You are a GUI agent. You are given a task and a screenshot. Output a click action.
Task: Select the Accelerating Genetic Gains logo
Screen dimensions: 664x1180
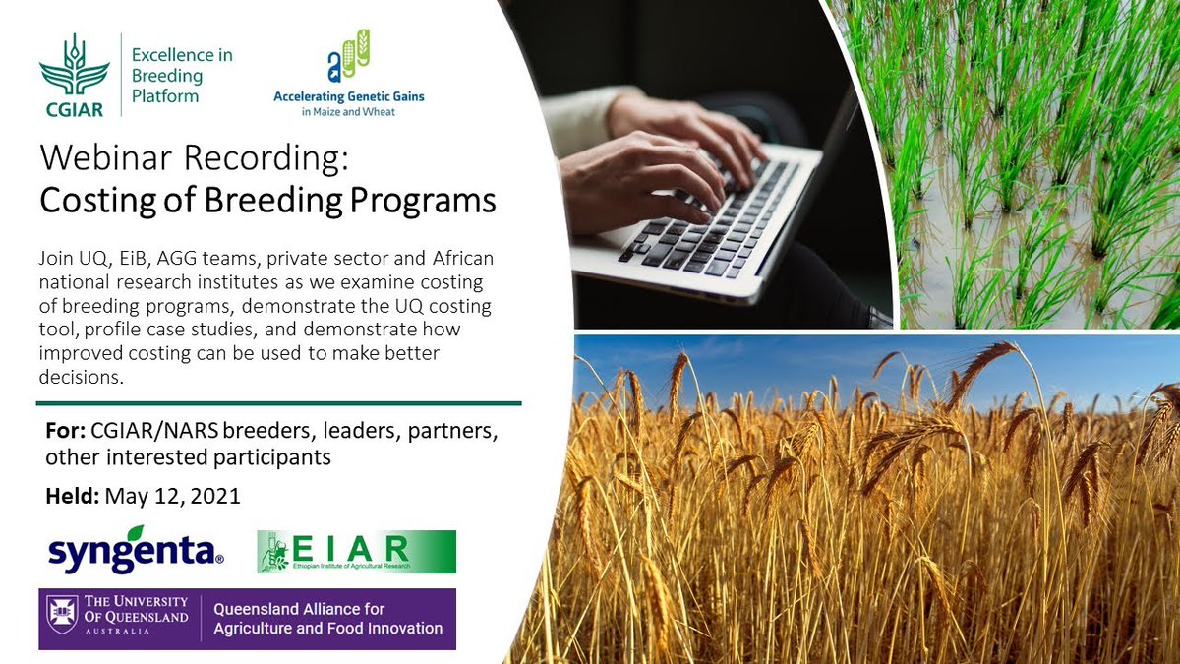pyautogui.click(x=348, y=74)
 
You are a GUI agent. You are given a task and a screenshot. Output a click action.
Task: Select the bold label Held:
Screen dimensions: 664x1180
pyautogui.click(x=70, y=496)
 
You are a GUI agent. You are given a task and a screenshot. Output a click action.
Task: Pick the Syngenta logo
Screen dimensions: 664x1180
pyautogui.click(x=136, y=554)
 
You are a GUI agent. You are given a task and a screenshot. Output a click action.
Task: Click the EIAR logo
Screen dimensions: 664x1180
pyautogui.click(x=356, y=552)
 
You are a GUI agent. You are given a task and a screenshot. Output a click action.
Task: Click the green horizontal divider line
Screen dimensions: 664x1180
pyautogui.click(x=278, y=402)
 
